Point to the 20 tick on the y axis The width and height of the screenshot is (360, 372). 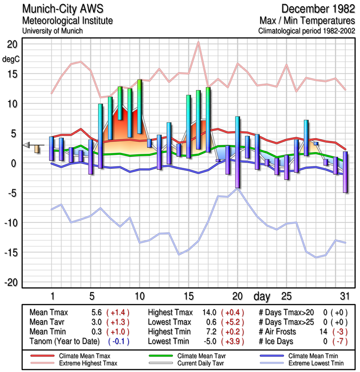[12, 44]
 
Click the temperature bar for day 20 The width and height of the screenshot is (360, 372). [237, 152]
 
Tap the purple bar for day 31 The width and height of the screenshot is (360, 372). [345, 172]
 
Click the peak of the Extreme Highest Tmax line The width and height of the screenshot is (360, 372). [198, 42]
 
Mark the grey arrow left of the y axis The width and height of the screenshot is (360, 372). [26, 145]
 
